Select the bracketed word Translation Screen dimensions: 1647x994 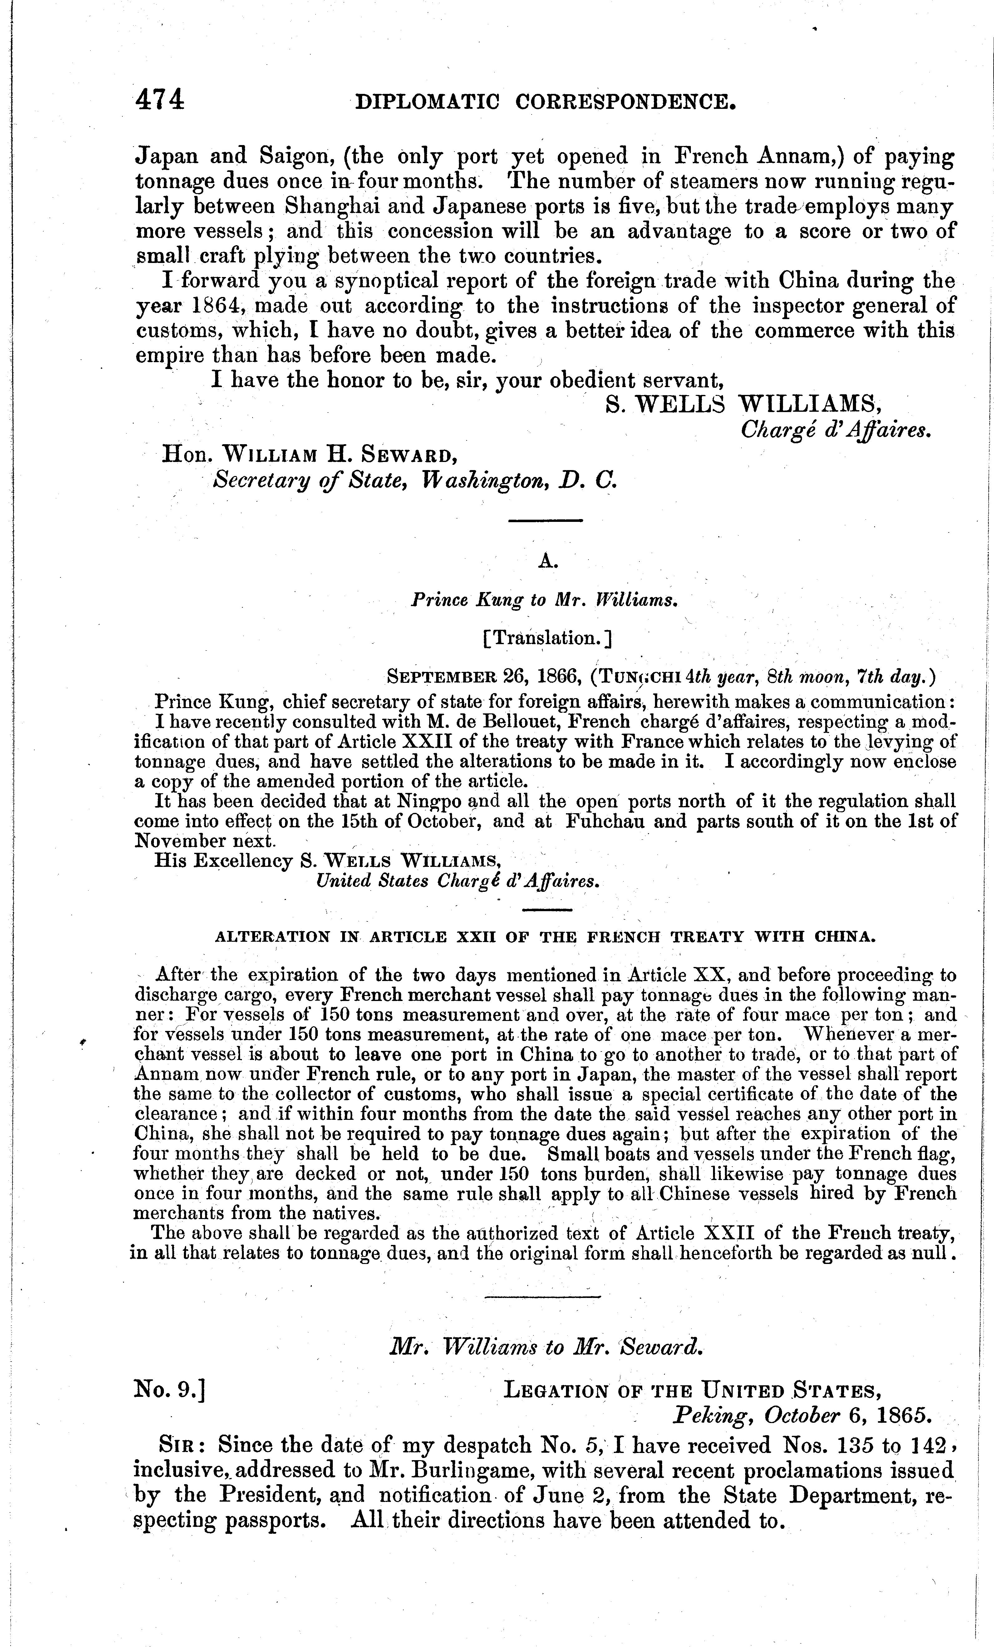(x=547, y=638)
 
